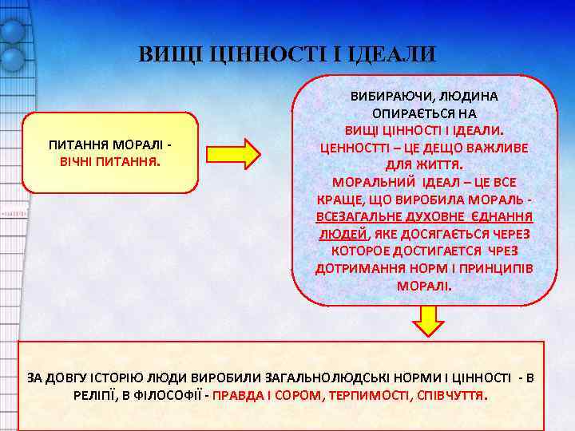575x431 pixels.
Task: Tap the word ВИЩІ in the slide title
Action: (x=169, y=55)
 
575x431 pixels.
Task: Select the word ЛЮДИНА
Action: (x=466, y=96)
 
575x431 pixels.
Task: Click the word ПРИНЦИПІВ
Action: (x=496, y=268)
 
